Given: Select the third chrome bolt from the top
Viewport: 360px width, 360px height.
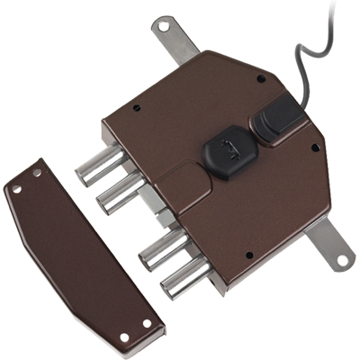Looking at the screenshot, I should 161,247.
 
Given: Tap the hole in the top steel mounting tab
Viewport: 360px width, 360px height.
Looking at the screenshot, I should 162,27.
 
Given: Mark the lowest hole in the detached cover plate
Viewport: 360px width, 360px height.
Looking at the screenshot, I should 125,337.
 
